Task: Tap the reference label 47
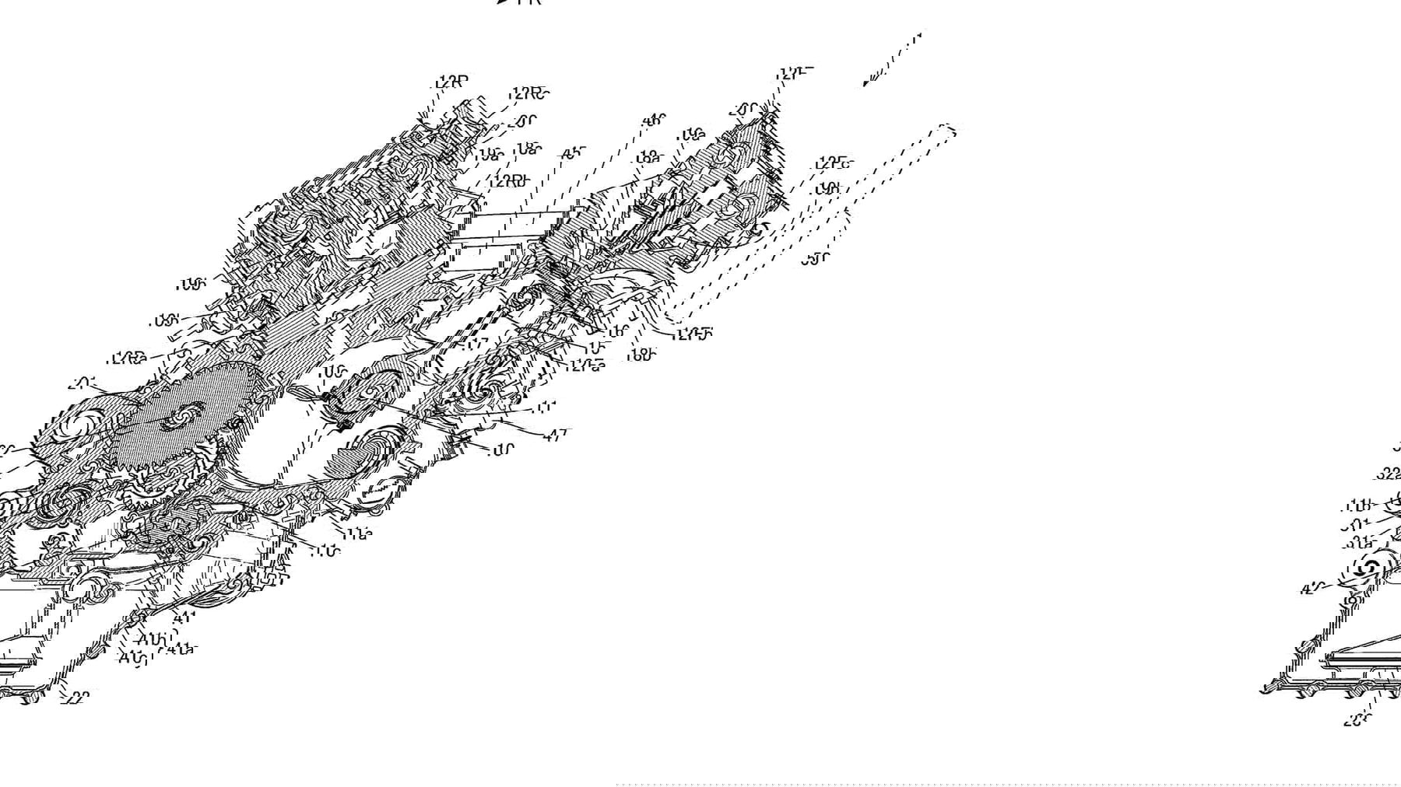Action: pos(556,435)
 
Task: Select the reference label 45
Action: pos(572,153)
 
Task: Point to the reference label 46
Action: pos(654,121)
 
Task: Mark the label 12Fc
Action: pos(834,163)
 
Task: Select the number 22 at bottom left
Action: pos(79,697)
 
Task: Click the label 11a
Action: pos(359,533)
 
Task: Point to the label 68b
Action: pos(642,355)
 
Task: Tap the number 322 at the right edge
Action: pos(1390,473)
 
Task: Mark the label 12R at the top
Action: pos(452,81)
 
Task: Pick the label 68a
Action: pos(648,157)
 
